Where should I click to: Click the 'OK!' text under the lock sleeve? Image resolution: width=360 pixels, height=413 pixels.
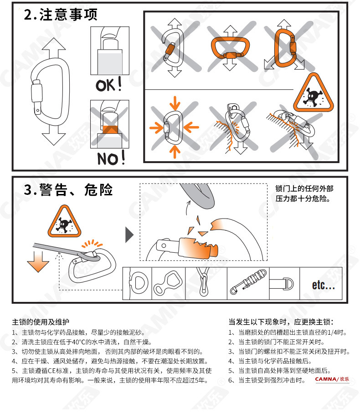click(x=109, y=85)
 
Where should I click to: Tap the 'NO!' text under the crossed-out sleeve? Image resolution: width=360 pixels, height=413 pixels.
click(x=111, y=158)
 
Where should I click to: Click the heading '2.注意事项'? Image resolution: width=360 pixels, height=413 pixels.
click(x=61, y=15)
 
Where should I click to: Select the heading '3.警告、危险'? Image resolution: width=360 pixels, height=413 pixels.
click(x=68, y=189)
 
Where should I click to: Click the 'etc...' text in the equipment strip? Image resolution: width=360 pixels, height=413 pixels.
click(x=324, y=285)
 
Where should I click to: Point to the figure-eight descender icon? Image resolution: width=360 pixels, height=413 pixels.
click(x=168, y=283)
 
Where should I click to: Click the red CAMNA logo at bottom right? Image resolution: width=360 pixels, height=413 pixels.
click(x=332, y=379)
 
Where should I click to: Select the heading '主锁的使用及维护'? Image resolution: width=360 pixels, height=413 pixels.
click(x=41, y=322)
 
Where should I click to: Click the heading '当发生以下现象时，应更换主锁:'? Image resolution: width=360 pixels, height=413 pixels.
click(x=281, y=322)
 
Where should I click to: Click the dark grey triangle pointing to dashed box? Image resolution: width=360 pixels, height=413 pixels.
click(x=129, y=235)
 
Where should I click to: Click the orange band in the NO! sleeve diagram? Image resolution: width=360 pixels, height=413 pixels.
click(x=110, y=129)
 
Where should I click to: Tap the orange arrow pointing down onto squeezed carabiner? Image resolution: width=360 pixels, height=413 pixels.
click(x=175, y=103)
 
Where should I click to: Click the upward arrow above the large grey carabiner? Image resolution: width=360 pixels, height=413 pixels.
click(x=53, y=48)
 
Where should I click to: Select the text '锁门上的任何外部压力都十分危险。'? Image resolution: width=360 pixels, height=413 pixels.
click(x=304, y=194)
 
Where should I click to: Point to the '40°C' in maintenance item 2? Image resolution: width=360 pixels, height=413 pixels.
click(x=79, y=342)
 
